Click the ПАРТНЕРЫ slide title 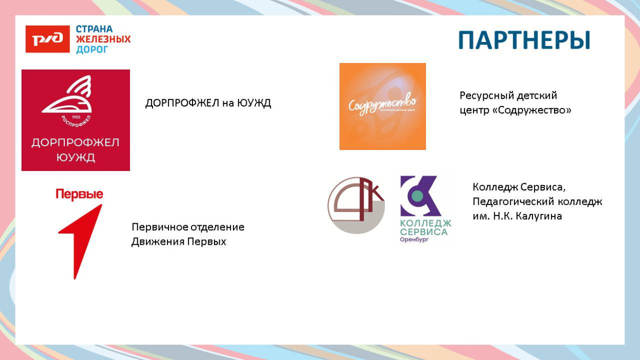point(524,40)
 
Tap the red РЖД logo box point(48,39)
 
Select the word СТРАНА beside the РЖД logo point(94,30)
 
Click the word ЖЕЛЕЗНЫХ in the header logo point(103,39)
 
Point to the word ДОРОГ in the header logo point(92,49)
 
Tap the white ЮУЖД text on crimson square point(75,157)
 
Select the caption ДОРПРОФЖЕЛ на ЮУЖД point(208,103)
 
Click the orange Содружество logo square point(382,107)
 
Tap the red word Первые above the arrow point(79,195)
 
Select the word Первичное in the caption point(159,227)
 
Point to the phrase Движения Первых point(179,241)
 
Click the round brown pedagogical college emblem point(356,205)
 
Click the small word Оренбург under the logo point(414,239)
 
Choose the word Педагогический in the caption point(513,202)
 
